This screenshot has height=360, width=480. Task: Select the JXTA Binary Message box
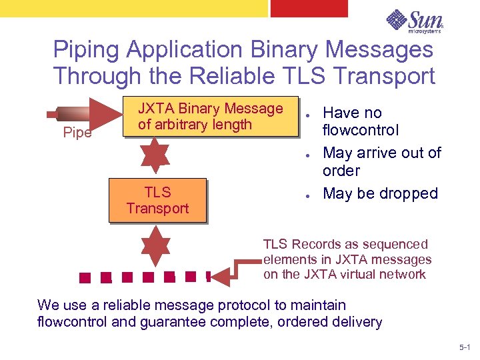click(x=210, y=117)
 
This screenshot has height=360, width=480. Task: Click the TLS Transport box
click(x=157, y=200)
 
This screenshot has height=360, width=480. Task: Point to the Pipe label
click(x=77, y=133)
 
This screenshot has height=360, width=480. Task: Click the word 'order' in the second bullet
click(x=341, y=171)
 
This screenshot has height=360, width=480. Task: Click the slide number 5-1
click(x=465, y=348)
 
